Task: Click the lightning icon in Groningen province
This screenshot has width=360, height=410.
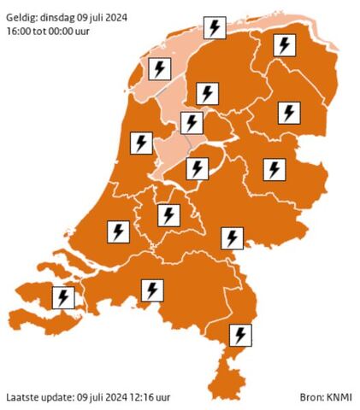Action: tap(284, 46)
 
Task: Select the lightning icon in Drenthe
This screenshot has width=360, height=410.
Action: tap(290, 112)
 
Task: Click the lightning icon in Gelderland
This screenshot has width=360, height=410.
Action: tap(232, 237)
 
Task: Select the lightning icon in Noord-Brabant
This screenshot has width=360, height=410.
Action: tap(152, 290)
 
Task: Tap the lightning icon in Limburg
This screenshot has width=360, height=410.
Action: tap(243, 334)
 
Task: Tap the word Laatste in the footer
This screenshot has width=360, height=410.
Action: tap(22, 397)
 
